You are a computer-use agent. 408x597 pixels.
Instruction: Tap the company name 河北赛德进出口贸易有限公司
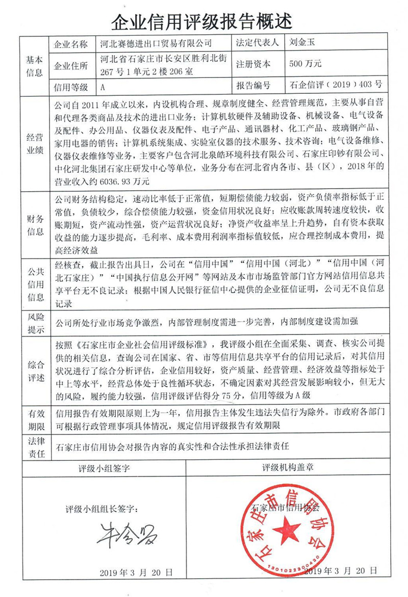156,43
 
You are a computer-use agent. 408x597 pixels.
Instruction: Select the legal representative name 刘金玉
306,43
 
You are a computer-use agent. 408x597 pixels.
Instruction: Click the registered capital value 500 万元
305,64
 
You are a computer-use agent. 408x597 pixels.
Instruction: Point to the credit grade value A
103,87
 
